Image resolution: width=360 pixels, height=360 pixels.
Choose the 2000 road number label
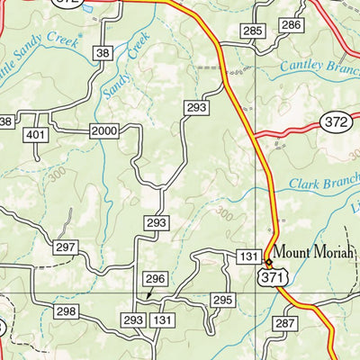[x=104, y=131]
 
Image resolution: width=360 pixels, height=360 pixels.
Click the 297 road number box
[x=64, y=247]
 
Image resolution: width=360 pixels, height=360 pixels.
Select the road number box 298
[x=64, y=311]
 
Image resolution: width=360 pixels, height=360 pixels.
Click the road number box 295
[x=222, y=299]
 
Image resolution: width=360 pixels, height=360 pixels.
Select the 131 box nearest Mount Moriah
[x=249, y=257]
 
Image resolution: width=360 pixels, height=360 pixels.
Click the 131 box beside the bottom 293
[x=162, y=320]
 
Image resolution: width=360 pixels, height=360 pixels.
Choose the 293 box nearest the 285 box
[x=196, y=108]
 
